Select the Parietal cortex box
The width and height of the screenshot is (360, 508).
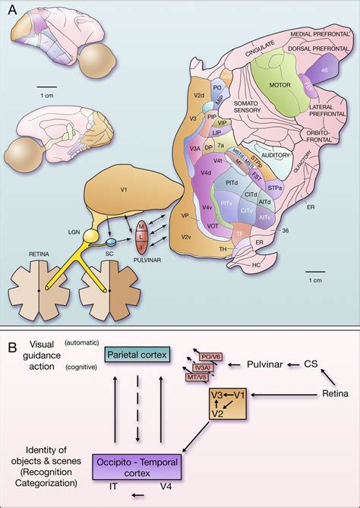point(133,355)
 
